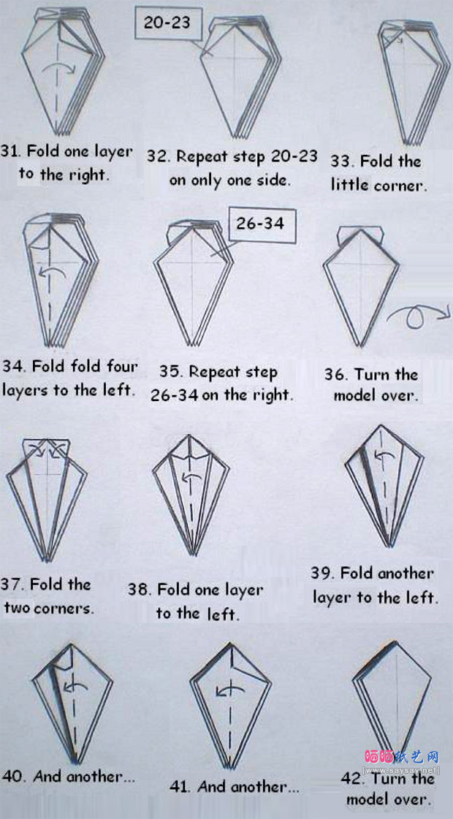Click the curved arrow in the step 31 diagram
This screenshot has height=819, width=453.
[x=58, y=68]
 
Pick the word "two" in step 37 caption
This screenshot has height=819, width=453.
[x=17, y=608]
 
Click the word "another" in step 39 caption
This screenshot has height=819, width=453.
[x=404, y=574]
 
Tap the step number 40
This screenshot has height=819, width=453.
[x=12, y=777]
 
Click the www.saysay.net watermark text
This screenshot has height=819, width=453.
[x=400, y=771]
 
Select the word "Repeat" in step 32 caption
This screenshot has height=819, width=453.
[x=200, y=156]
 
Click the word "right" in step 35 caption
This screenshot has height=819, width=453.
[x=274, y=395]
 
